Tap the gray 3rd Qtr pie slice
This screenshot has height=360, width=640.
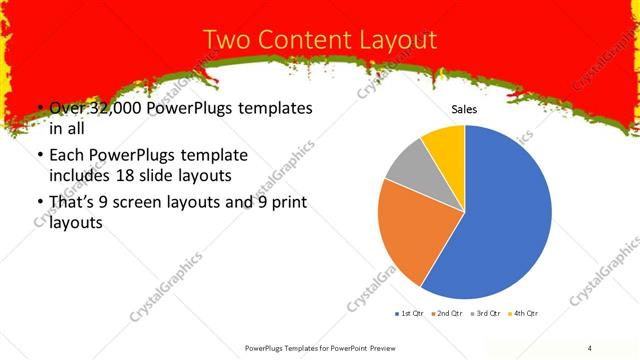409,164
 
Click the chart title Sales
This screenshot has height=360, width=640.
464,109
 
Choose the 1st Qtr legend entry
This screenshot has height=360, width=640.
409,314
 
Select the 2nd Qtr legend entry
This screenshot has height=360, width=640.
446,314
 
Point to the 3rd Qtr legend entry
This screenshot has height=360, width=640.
486,314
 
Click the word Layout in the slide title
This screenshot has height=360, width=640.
392,41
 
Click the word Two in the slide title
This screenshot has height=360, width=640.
228,41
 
